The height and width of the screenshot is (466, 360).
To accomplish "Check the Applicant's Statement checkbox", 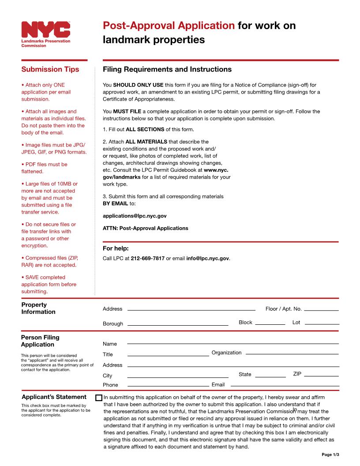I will click(99, 398).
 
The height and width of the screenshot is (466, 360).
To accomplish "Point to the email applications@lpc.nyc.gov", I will click(135, 216).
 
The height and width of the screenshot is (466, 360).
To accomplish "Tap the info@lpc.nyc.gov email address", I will click(207, 259).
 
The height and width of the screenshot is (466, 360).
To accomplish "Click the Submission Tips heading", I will click(50, 69).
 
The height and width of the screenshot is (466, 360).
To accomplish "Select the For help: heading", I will click(116, 248).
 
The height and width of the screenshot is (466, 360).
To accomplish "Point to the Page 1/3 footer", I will click(330, 455).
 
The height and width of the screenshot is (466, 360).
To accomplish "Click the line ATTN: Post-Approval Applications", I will click(145, 229).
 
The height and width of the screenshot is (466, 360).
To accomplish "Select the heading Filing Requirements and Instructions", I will click(167, 70).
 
